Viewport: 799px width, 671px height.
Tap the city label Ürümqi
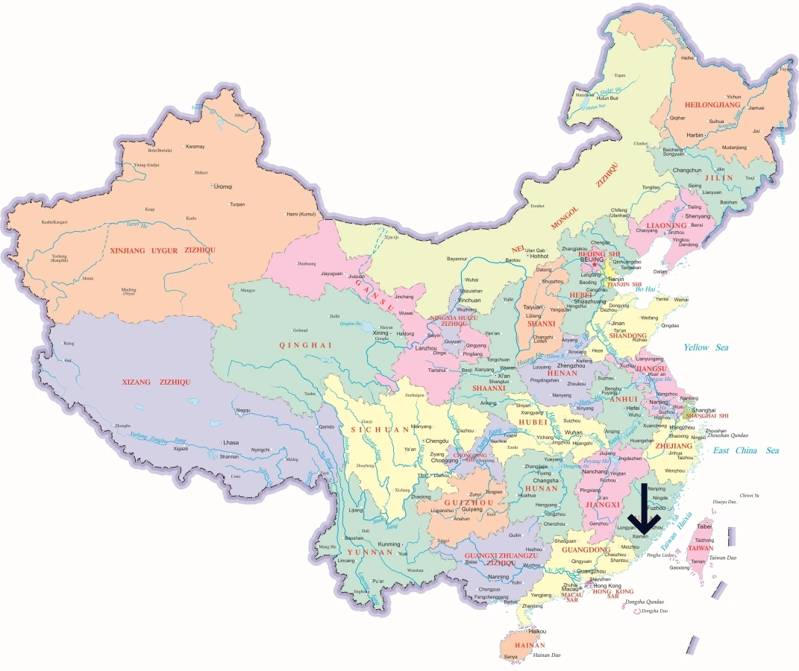click(x=223, y=186)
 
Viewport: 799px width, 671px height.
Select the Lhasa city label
click(x=231, y=442)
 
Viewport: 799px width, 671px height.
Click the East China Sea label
click(x=745, y=450)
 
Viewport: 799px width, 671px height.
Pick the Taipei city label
click(x=704, y=526)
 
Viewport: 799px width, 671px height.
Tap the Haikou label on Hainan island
click(x=527, y=631)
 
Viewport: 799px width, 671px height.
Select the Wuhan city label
click(x=574, y=432)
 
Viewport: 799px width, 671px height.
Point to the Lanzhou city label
click(x=406, y=348)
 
